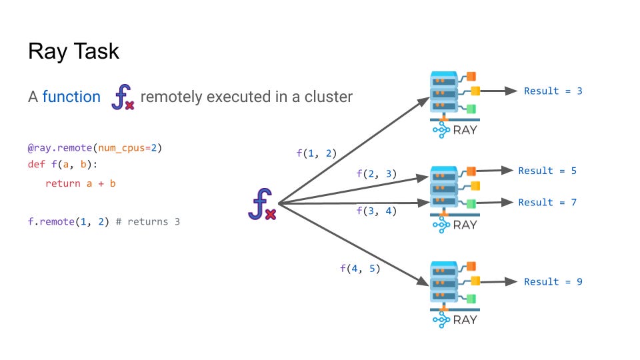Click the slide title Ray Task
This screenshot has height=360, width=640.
(73, 51)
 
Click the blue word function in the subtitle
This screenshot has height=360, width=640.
(71, 97)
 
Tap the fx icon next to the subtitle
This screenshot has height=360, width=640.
(122, 97)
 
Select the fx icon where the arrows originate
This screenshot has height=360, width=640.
(261, 204)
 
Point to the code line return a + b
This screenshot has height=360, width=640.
(80, 183)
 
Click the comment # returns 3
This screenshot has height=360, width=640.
(148, 221)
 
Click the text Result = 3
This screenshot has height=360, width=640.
(553, 91)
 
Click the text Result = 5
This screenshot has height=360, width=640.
(547, 171)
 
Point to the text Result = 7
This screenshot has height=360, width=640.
(547, 202)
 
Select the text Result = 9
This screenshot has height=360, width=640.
(553, 281)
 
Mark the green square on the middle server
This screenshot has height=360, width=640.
(471, 203)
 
